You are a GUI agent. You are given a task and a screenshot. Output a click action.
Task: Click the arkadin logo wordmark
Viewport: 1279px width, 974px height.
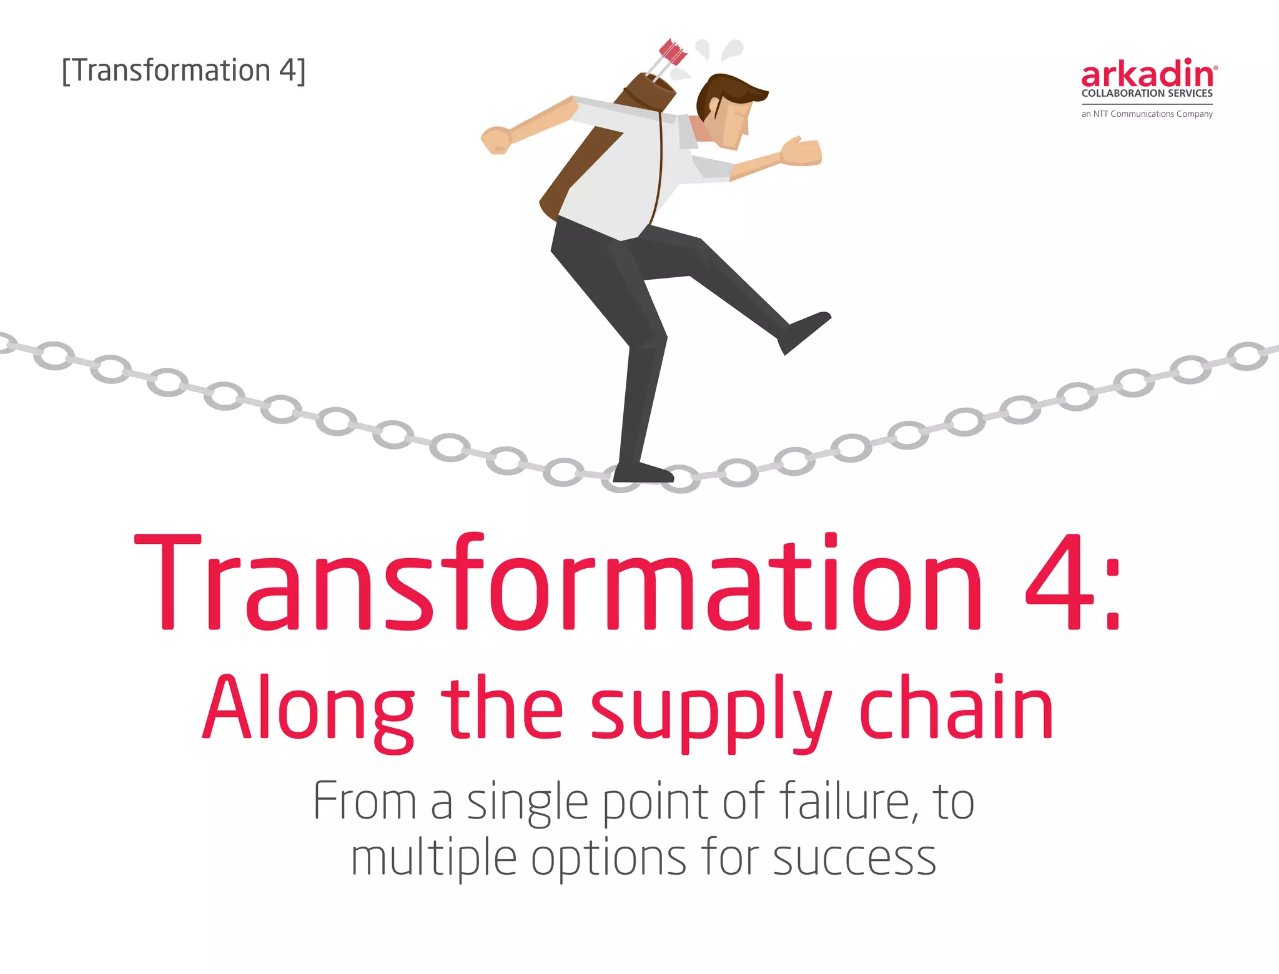point(1148,74)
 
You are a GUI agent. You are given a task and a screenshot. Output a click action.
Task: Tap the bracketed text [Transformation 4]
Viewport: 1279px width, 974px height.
point(184,71)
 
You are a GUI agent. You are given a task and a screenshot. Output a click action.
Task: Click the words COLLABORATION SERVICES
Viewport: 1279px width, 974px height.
point(1147,94)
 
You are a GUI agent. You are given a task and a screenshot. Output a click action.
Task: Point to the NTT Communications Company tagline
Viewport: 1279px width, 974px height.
point(1147,114)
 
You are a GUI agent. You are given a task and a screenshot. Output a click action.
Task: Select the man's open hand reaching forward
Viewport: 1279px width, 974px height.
point(802,151)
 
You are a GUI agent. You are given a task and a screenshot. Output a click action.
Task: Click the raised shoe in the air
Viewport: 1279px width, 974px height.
point(806,331)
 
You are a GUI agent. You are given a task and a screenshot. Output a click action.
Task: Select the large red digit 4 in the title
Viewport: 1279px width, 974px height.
point(1059,582)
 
